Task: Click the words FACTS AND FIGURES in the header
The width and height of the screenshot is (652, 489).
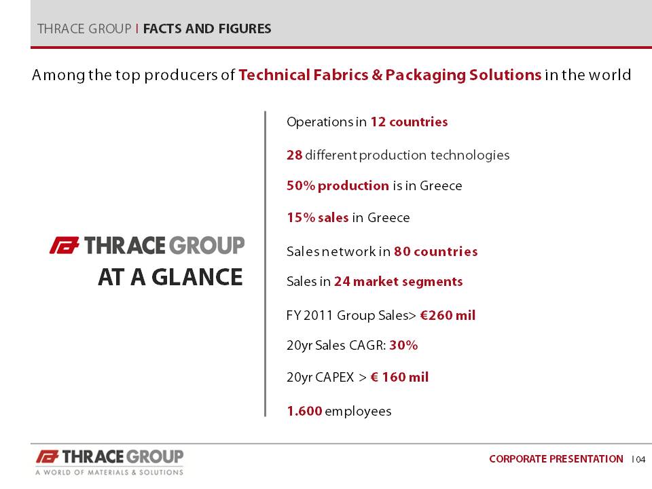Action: coord(207,29)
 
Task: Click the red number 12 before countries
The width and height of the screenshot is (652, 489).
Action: coord(378,122)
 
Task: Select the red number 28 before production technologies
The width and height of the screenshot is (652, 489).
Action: coord(294,155)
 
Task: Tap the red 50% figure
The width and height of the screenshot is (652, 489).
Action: coord(301,185)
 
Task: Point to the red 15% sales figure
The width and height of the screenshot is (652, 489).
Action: coord(318,217)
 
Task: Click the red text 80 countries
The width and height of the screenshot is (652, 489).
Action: coord(436,251)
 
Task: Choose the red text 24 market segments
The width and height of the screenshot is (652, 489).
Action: coord(399,281)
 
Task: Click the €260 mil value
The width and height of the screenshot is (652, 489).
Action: coord(448,315)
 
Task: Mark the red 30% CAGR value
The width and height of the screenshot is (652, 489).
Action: coord(403,345)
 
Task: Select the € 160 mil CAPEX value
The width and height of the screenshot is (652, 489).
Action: coord(399,377)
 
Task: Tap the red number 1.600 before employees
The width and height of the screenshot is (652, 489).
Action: coord(304,412)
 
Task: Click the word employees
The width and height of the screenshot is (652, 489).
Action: coord(358,412)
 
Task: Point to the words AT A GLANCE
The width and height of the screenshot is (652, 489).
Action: coord(170,277)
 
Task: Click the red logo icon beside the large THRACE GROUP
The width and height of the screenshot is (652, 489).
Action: coord(65,245)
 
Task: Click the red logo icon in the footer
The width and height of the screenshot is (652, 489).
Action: coord(47,456)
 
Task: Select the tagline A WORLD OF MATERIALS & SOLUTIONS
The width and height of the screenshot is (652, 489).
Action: coord(109,473)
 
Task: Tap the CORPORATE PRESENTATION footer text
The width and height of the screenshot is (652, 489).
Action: coord(556,459)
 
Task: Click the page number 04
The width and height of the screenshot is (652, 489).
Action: coord(640,460)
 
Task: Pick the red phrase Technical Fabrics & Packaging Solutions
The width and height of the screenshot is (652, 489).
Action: coord(390,75)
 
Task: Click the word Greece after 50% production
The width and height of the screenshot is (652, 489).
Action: coord(441,185)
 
